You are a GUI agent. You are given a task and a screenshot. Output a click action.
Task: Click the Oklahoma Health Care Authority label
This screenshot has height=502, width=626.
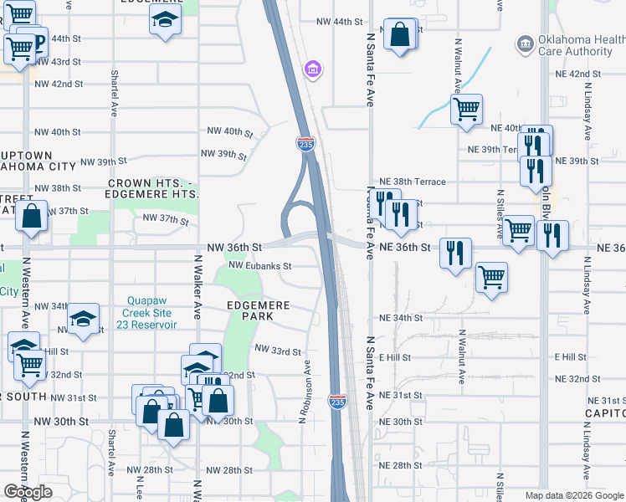tap(577, 44)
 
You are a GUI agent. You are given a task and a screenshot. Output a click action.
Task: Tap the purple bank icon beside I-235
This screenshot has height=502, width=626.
tap(313, 68)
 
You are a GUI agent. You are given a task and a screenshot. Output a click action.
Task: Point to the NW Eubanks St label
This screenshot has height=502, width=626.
tap(259, 266)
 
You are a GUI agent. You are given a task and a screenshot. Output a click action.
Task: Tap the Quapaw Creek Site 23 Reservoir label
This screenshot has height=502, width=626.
tap(151, 313)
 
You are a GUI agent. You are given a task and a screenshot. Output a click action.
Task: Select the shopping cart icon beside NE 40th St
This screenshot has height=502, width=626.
tap(466, 109)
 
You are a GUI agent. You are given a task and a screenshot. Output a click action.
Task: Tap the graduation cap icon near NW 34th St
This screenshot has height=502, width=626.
tap(84, 319)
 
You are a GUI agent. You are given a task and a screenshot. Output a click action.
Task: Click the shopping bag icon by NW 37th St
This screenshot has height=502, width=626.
tap(31, 216)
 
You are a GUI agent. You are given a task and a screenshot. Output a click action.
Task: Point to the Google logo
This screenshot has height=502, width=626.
tap(28, 492)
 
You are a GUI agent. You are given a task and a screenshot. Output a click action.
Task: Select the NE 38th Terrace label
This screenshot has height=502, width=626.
tap(413, 182)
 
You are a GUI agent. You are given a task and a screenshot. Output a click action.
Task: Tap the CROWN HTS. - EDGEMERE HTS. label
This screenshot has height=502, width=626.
tap(153, 188)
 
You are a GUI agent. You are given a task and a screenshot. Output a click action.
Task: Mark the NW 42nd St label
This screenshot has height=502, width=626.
tap(59, 84)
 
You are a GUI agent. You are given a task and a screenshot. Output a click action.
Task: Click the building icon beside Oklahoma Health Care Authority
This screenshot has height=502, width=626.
tap(525, 43)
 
